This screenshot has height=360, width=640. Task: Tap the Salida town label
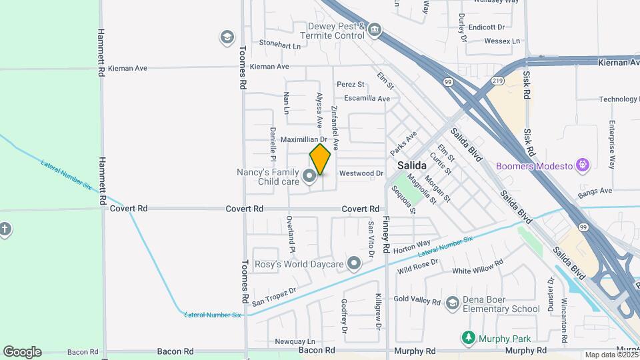(x=412, y=165)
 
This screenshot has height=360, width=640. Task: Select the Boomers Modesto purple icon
(x=583, y=164)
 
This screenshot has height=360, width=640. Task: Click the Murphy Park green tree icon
(x=469, y=338)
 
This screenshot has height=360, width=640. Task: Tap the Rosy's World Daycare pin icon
(x=354, y=264)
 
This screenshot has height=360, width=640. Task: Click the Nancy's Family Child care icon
(x=309, y=176)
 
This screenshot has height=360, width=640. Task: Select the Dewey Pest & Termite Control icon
(x=375, y=29)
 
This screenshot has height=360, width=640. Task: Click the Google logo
(x=22, y=352)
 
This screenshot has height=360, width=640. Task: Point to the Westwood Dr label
(x=361, y=173)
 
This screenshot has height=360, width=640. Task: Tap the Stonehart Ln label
(x=280, y=43)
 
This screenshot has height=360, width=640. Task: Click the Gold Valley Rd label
(x=417, y=301)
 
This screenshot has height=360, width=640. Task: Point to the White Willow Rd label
(x=477, y=269)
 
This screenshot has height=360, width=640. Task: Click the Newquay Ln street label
(x=295, y=341)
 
